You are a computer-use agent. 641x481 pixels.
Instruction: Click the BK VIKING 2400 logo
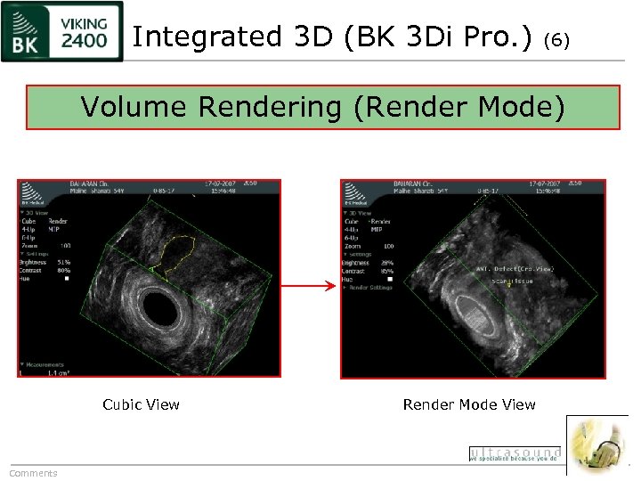[x=61, y=32]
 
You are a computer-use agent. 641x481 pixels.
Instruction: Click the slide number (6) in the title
[x=556, y=40]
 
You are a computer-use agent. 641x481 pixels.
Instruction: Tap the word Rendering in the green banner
[x=269, y=107]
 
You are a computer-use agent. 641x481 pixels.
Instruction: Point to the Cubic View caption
[x=141, y=404]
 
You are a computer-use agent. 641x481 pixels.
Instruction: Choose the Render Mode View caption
[x=469, y=404]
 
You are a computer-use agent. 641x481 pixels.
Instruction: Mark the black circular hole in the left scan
[x=162, y=307]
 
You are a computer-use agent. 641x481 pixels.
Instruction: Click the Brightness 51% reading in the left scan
[x=45, y=262]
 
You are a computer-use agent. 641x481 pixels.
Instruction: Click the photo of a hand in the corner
[x=597, y=444]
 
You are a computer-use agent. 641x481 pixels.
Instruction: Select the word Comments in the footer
[x=33, y=473]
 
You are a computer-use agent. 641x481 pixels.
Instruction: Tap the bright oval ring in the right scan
[x=481, y=316]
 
